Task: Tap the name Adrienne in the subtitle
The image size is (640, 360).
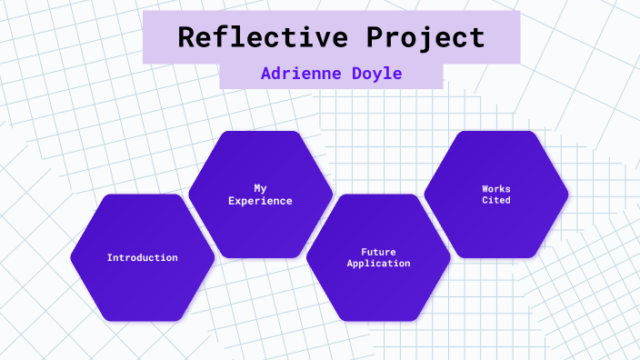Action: tap(298, 74)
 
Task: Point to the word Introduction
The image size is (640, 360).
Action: tap(143, 257)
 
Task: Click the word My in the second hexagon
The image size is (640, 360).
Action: tap(260, 188)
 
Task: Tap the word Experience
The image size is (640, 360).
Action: tap(260, 201)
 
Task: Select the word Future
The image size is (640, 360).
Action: tap(378, 251)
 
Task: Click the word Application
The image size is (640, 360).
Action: tap(378, 263)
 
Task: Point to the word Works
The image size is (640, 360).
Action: tap(496, 188)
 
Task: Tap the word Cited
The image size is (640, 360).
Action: tap(496, 200)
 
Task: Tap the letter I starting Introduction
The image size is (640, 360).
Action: tap(110, 257)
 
